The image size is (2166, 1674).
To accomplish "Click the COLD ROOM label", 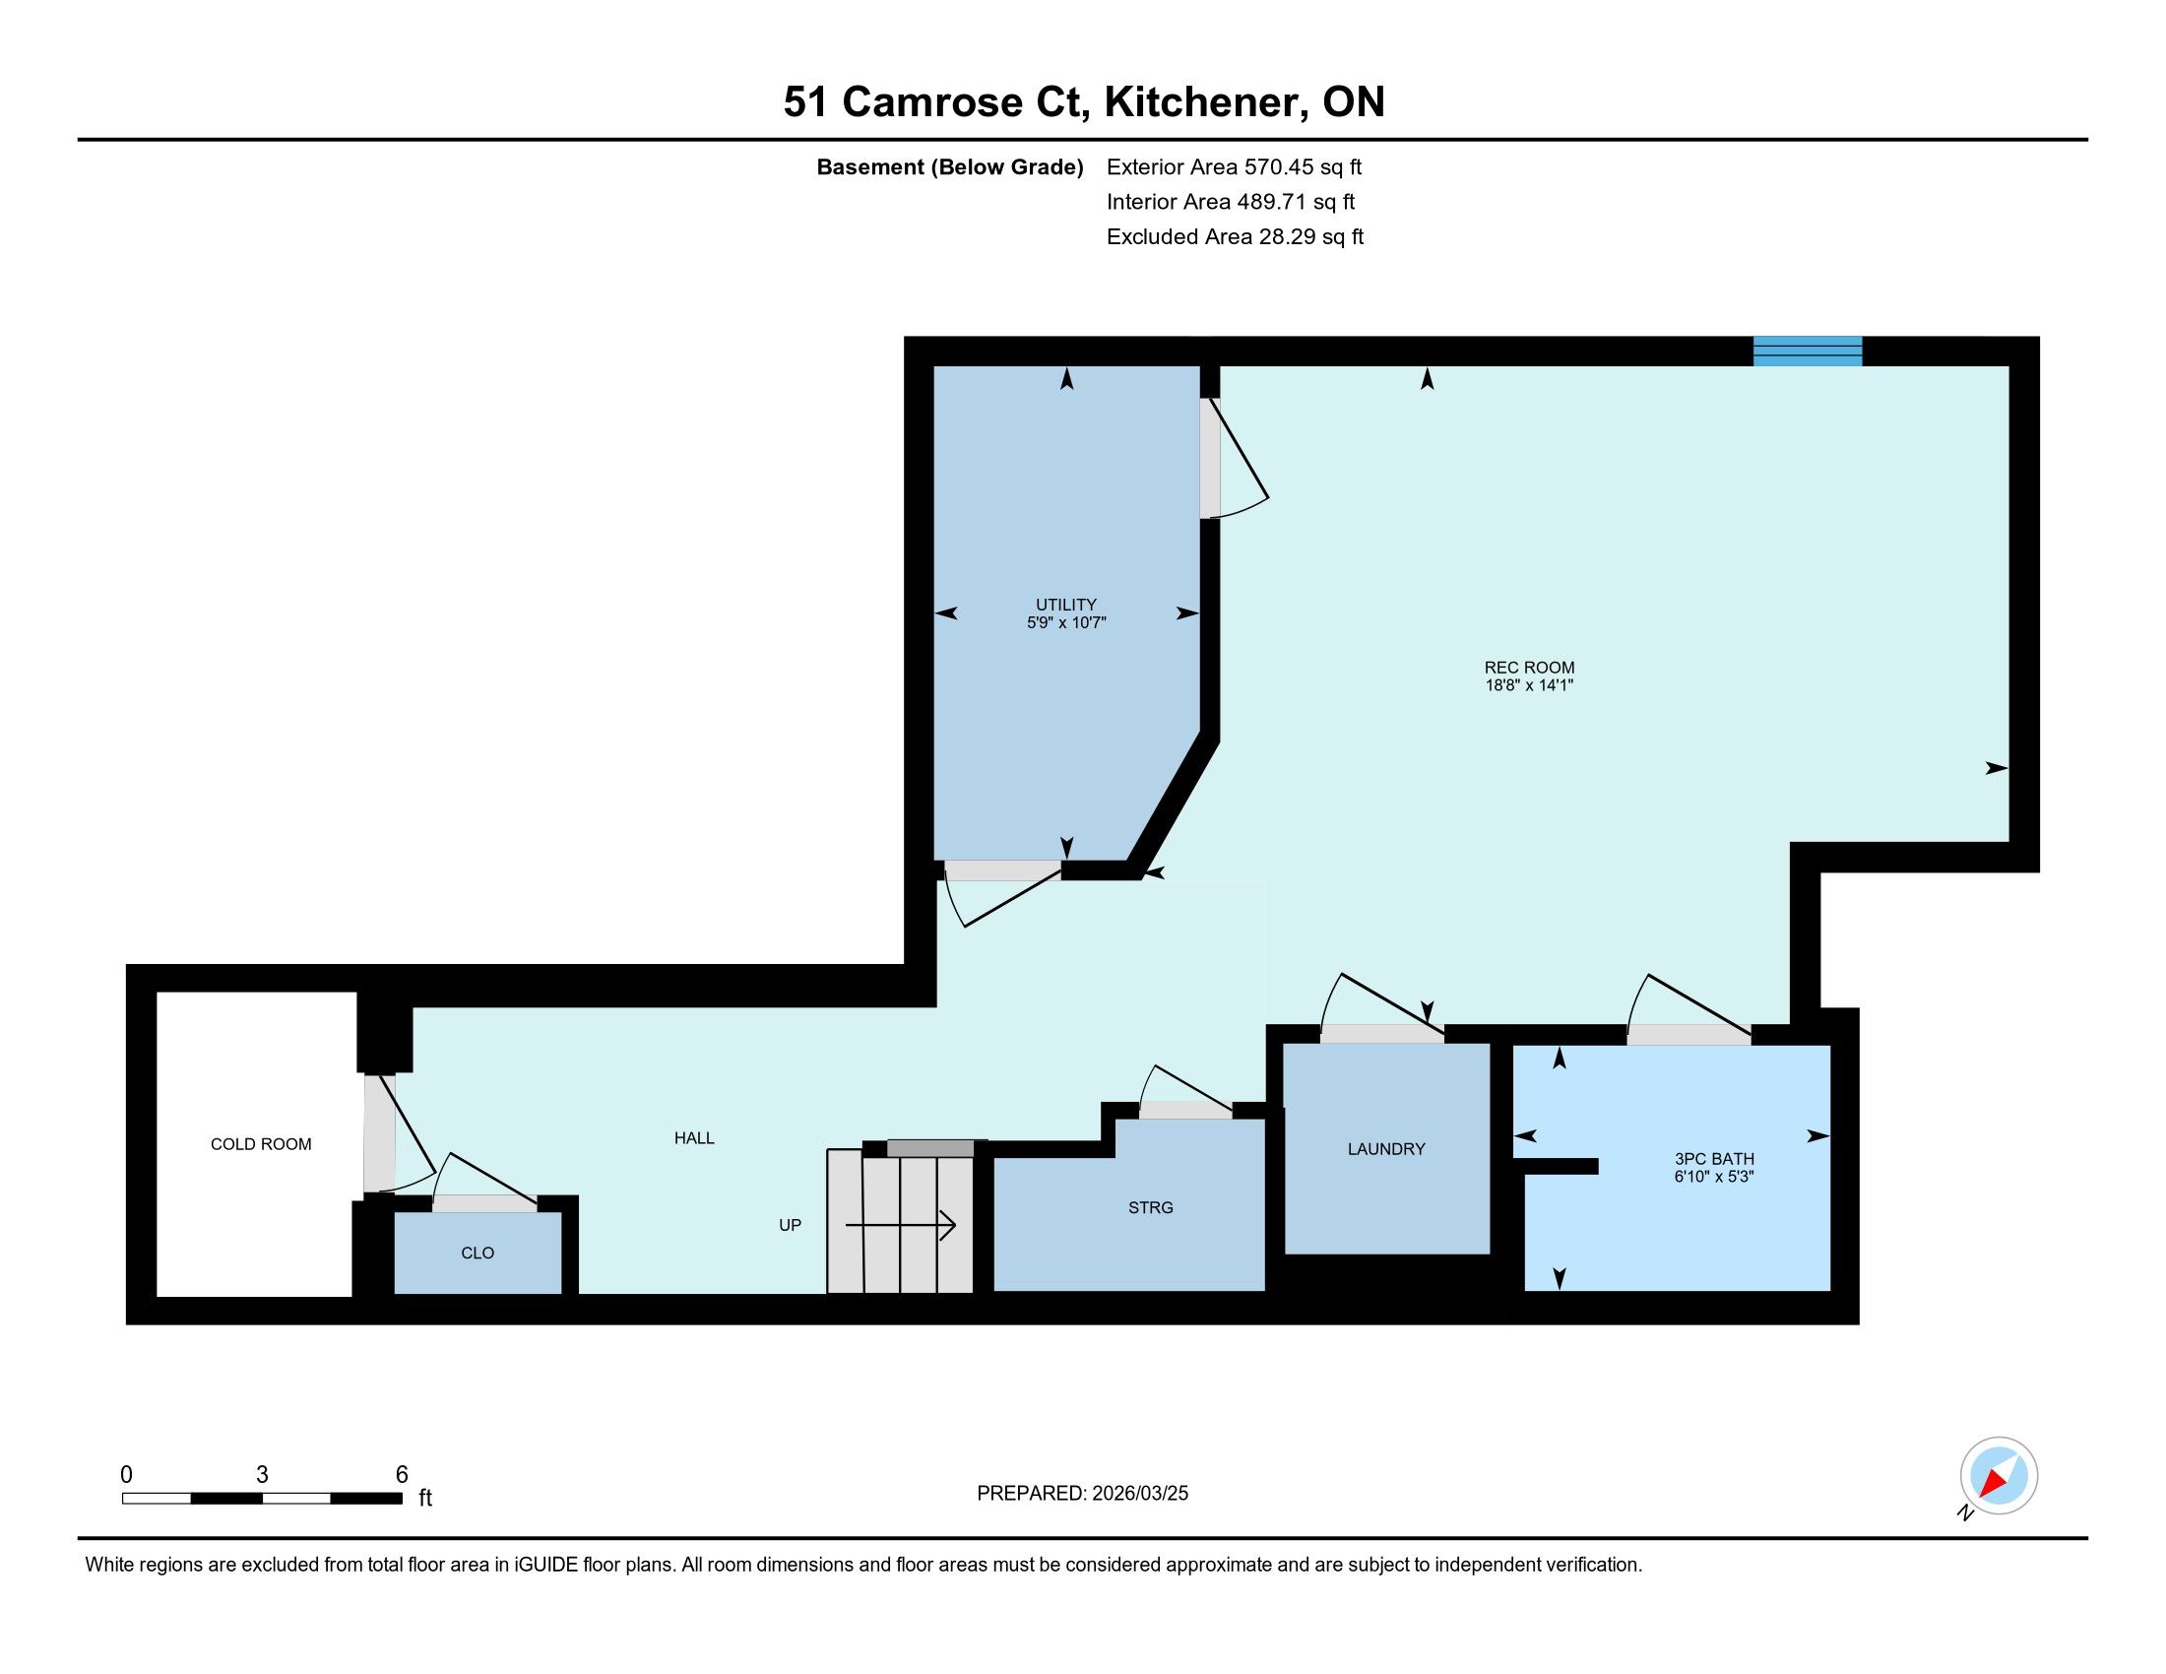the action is point(261,1143).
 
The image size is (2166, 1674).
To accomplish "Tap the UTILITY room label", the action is point(1066,604).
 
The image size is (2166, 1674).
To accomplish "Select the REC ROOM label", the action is point(1529,668).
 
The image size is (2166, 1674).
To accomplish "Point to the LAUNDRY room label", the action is point(1386,1148).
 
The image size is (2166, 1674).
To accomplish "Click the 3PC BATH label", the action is point(1715,1158).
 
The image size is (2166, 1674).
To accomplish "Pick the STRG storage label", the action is point(1150,1207).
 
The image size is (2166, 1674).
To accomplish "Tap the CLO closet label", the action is point(478,1253).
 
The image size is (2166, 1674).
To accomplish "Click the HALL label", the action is point(694,1137).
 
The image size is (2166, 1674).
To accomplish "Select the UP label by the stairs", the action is point(790,1225).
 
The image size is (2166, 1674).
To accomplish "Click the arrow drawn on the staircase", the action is point(901,1226).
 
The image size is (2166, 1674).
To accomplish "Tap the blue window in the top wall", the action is point(1807,352).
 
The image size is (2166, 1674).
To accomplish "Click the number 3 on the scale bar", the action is point(262,1474).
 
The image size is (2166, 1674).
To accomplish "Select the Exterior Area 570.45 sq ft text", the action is point(1234,166).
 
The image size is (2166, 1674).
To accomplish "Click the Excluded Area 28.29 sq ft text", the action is point(1235,236).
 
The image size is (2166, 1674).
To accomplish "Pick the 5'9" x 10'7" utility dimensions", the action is point(1066,622).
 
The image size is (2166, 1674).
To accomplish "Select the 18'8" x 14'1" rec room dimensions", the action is point(1529,684).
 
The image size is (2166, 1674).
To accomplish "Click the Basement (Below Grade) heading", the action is point(949,166).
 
